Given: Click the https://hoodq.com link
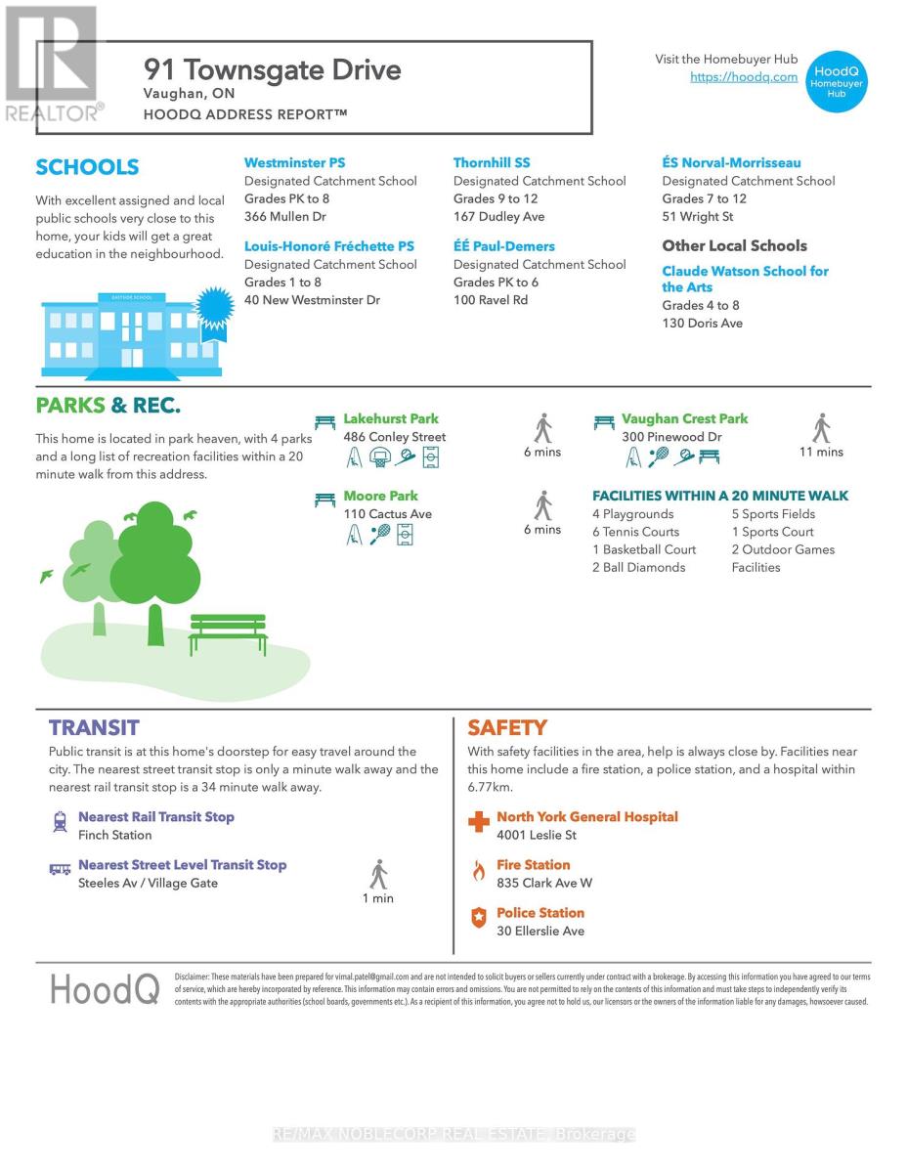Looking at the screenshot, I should [x=744, y=77].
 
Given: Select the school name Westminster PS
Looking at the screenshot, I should [x=294, y=163].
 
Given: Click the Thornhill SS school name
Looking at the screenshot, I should [x=492, y=163].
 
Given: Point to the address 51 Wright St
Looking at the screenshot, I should [x=697, y=217].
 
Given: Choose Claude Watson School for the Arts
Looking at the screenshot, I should [x=745, y=279].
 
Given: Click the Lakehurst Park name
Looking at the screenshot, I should [x=391, y=419].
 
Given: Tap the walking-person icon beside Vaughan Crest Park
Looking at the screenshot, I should [x=821, y=428].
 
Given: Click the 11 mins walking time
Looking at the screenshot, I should [x=821, y=452].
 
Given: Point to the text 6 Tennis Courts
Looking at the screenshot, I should [x=635, y=532].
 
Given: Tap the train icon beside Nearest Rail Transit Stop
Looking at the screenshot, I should [x=60, y=822].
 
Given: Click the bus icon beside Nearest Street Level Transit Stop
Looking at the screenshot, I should [x=60, y=868].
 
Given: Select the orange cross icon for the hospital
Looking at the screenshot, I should [x=479, y=822].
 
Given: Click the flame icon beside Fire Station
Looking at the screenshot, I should [x=478, y=870].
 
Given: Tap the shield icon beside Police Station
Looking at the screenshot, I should [x=478, y=918].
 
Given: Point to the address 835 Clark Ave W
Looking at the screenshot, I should [x=544, y=883].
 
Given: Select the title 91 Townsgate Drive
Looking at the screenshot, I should [x=273, y=70].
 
